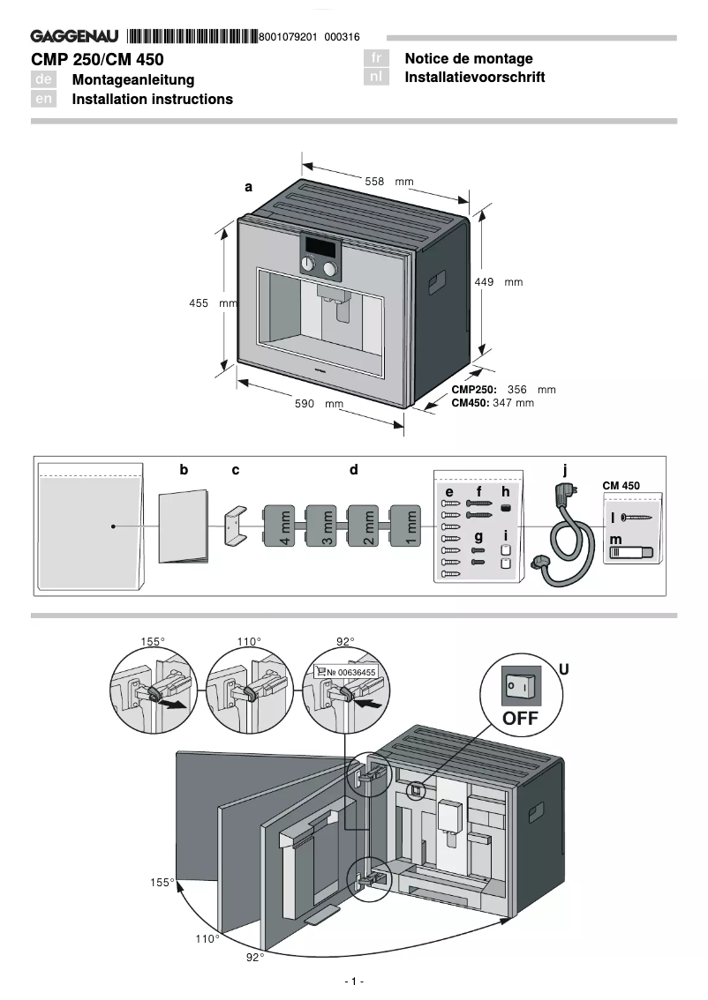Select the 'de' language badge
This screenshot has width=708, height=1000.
coord(44,79)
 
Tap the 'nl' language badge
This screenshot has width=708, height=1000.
coord(376,77)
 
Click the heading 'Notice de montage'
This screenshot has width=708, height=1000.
coord(468,58)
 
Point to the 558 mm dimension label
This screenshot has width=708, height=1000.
coord(388,181)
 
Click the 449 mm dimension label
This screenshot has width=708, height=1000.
coord(499,282)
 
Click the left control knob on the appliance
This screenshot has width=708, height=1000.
coord(308,265)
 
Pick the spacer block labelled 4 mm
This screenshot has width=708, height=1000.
coord(284,528)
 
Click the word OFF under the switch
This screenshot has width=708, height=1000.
coord(520,718)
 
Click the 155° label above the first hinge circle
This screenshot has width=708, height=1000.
coord(154,642)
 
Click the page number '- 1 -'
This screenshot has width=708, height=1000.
coord(354,981)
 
